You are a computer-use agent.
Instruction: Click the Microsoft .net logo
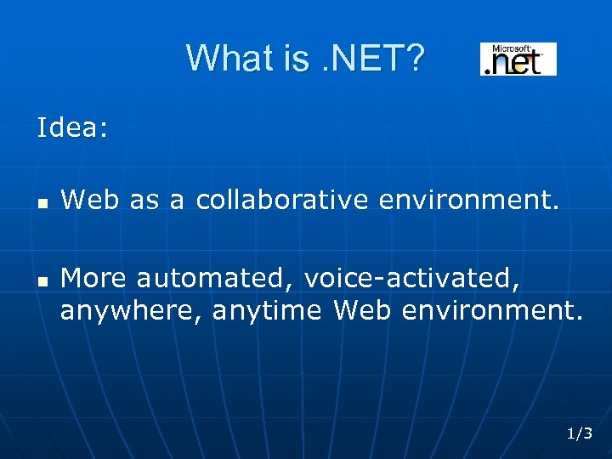(518, 59)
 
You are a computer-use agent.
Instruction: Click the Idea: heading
(72, 128)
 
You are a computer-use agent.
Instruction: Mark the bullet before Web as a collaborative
(42, 203)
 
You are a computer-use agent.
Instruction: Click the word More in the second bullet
(94, 277)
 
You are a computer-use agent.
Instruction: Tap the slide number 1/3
(580, 433)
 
